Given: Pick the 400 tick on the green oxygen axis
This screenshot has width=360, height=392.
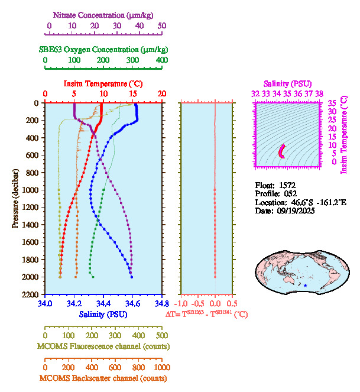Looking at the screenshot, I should pyautogui.click(x=161, y=60).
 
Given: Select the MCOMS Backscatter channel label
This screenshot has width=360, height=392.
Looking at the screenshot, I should pyautogui.click(x=103, y=378).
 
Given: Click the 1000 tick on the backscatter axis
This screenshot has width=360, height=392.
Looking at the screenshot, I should pyautogui.click(x=161, y=367).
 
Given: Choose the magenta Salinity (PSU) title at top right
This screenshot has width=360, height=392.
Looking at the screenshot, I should pyautogui.click(x=287, y=84).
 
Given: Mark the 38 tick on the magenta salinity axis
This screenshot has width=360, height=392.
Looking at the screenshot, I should pyautogui.click(x=319, y=93).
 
